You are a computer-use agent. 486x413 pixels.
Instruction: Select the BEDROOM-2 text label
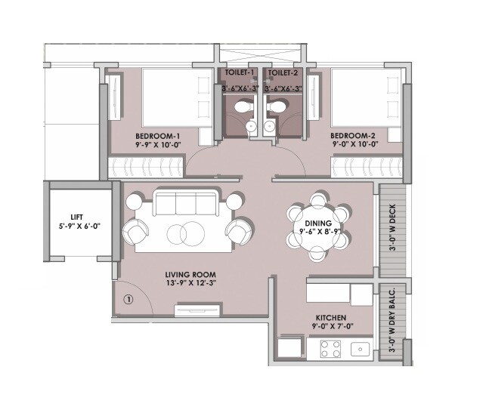358,134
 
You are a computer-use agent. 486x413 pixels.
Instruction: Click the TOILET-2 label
283,73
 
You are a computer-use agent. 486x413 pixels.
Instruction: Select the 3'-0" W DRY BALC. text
392,321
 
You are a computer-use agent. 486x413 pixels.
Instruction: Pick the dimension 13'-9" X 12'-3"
191,285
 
